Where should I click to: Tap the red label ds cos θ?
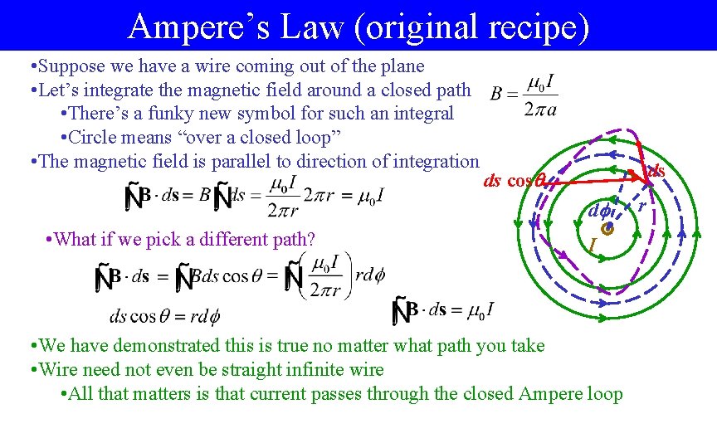(513, 182)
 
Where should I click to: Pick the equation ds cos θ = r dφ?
(164, 316)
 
